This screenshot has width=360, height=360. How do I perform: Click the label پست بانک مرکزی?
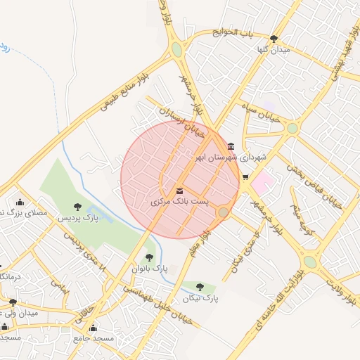pos(180,202)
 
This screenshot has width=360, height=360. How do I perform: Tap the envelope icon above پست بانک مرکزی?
pos(180,191)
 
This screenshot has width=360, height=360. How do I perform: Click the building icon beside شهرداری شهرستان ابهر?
pos(231,146)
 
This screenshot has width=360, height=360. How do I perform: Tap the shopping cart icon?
pos(245,176)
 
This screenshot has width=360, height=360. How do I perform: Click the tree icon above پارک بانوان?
pos(149,257)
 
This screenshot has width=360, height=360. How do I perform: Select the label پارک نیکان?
pos(201,298)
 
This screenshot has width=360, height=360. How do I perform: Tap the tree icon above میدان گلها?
pos(274,39)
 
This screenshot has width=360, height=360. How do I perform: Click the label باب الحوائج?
pos(235,32)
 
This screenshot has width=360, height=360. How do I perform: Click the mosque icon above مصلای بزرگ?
pos(19,202)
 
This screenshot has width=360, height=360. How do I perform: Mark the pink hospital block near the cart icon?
pos(261,185)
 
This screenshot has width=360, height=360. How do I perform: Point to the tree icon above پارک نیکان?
pos(201,287)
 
